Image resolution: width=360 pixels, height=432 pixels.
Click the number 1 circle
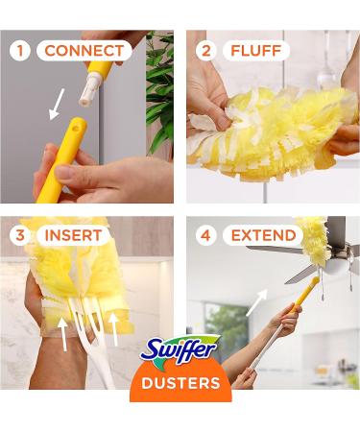click(x=20, y=50)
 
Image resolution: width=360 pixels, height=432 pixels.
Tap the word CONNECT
click(x=84, y=50)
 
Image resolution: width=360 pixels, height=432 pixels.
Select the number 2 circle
click(x=205, y=50)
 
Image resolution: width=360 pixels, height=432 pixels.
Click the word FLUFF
click(x=256, y=50)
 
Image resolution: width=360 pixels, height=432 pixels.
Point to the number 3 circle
click(x=20, y=235)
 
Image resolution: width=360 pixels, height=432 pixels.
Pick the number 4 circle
click(x=205, y=235)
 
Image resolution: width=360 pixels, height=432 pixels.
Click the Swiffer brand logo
click(x=180, y=350)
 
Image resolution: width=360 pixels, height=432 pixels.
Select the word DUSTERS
click(x=180, y=383)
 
